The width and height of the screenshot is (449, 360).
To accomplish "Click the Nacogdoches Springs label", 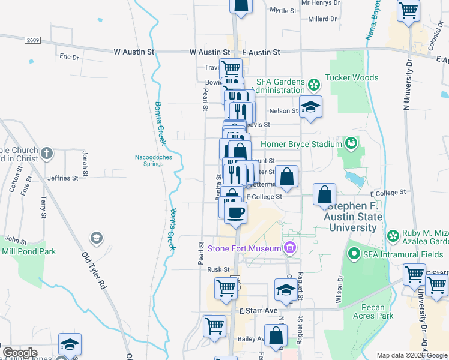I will pos(148,161).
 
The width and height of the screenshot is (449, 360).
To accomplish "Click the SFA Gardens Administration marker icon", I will pos(313,83).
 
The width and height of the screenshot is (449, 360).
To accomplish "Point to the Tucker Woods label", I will pos(351,77).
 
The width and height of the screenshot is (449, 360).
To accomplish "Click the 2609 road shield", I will pos(33,40).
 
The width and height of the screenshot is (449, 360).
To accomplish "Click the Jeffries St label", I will pos(63,178).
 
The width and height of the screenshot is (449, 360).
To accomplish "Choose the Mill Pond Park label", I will pos(28,251).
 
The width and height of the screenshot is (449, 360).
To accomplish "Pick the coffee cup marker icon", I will pos(236,211).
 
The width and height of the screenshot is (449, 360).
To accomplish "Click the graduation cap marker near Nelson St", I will pos(310,107).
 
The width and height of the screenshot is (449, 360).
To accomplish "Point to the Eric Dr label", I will pos(69,57).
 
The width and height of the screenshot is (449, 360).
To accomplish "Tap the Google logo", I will pos(20,353).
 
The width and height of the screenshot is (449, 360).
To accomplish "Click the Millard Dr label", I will pos(322,19).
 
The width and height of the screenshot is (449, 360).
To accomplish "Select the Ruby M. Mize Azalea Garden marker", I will pos(394,235).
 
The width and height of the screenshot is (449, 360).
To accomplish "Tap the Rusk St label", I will pos(218,269).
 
